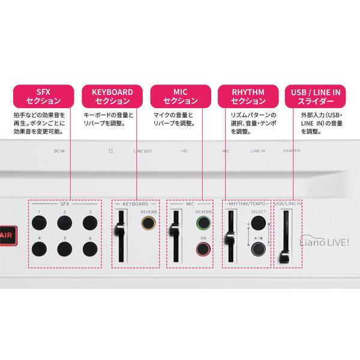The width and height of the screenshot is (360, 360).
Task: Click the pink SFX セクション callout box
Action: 43,96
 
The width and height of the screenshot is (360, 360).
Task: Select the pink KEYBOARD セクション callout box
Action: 112,96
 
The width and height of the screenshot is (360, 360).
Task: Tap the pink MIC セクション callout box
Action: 181,96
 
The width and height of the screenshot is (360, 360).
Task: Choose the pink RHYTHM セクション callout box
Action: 248,96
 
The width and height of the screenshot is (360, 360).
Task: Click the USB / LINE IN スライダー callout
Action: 315,96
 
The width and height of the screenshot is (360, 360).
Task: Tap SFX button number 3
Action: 90,223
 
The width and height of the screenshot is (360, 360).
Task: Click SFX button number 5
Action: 65,249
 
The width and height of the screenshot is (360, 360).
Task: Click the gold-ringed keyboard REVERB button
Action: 148,223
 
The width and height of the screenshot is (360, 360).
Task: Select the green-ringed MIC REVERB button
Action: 203,223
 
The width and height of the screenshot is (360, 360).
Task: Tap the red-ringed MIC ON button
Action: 203,250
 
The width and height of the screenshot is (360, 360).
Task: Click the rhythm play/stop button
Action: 259,250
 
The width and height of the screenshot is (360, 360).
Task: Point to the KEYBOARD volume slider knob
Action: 119,229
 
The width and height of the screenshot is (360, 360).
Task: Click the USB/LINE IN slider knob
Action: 284,257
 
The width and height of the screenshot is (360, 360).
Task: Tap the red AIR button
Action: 8,236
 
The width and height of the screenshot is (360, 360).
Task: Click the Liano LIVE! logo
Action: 325,241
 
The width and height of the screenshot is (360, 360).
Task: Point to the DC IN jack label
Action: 59,151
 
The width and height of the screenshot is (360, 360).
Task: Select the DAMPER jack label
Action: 292,151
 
